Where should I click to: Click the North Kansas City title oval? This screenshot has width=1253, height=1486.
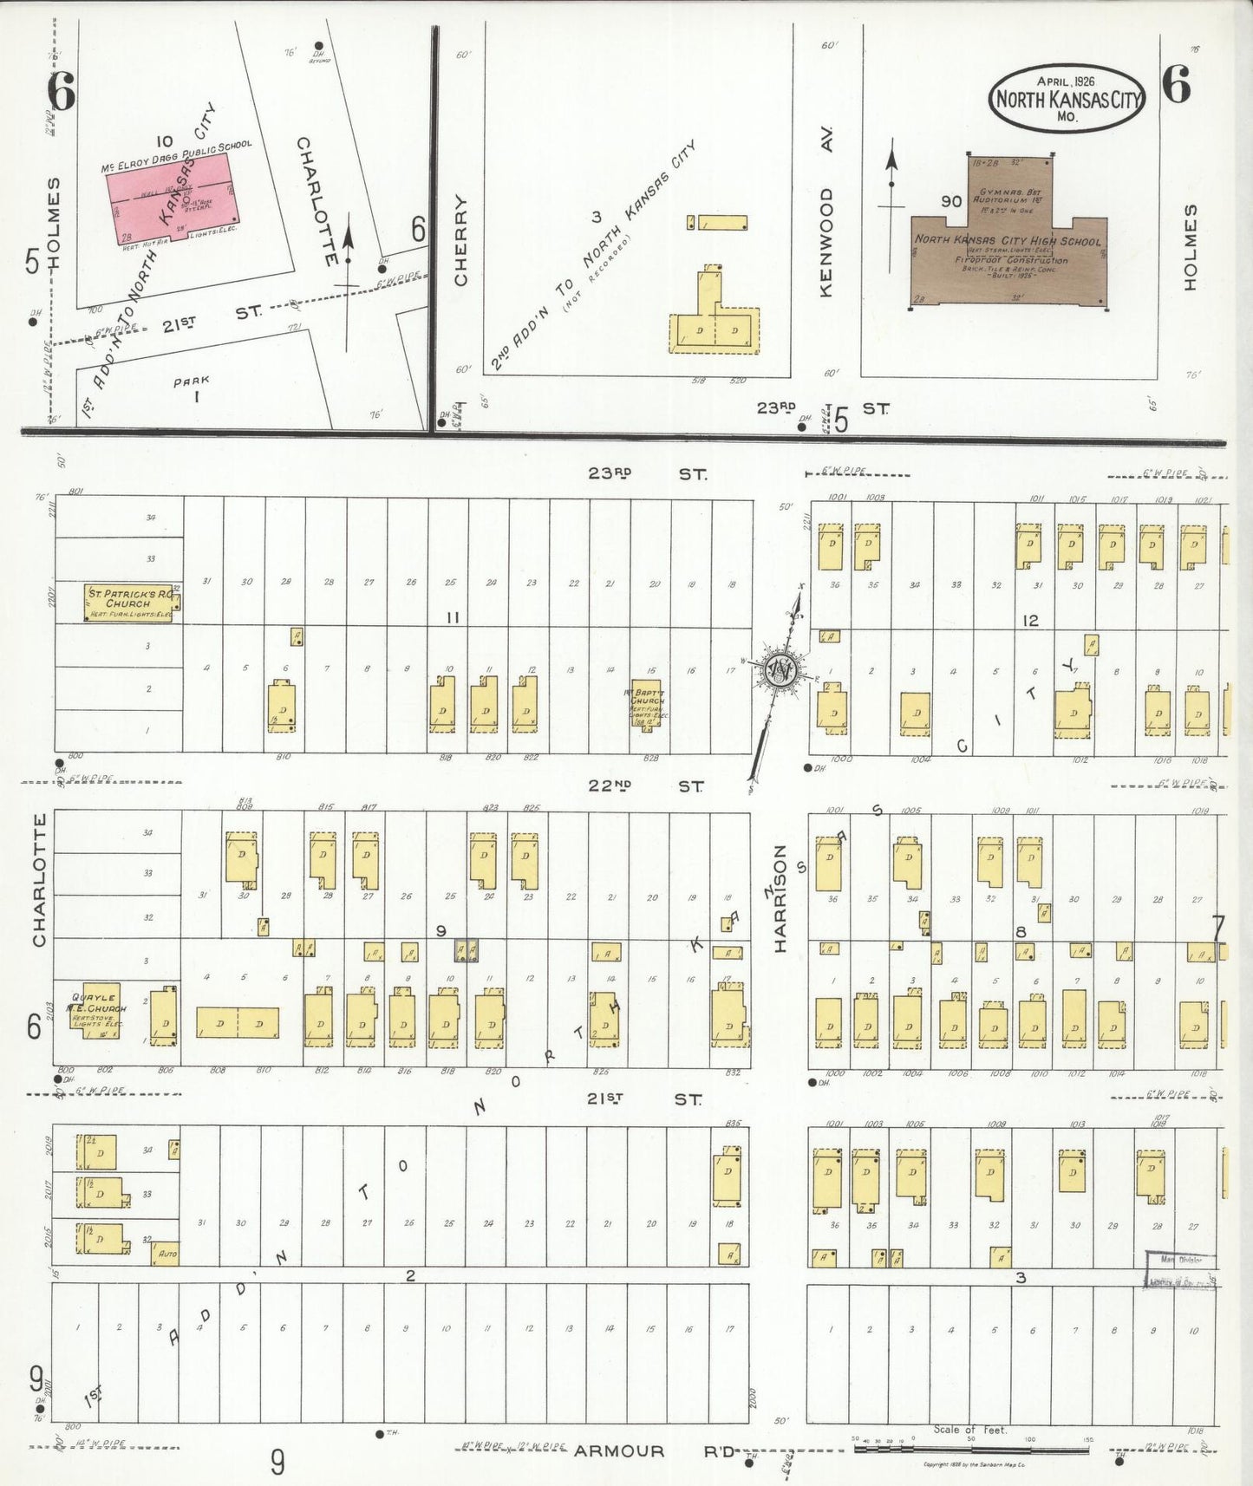pyautogui.click(x=1067, y=98)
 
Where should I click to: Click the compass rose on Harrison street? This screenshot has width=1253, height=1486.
pyautogui.click(x=785, y=670)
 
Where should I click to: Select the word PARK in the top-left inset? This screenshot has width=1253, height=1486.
pyautogui.click(x=192, y=380)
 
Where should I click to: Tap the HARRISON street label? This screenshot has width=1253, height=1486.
pyautogui.click(x=780, y=898)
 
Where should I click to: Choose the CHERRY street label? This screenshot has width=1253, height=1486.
pyautogui.click(x=460, y=240)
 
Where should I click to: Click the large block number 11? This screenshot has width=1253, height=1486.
pyautogui.click(x=452, y=617)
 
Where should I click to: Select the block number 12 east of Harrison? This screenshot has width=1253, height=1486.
pyautogui.click(x=1030, y=621)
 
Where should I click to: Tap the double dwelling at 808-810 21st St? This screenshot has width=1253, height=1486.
pyautogui.click(x=238, y=1023)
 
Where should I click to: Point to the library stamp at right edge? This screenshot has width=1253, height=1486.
pyautogui.click(x=1181, y=1271)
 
